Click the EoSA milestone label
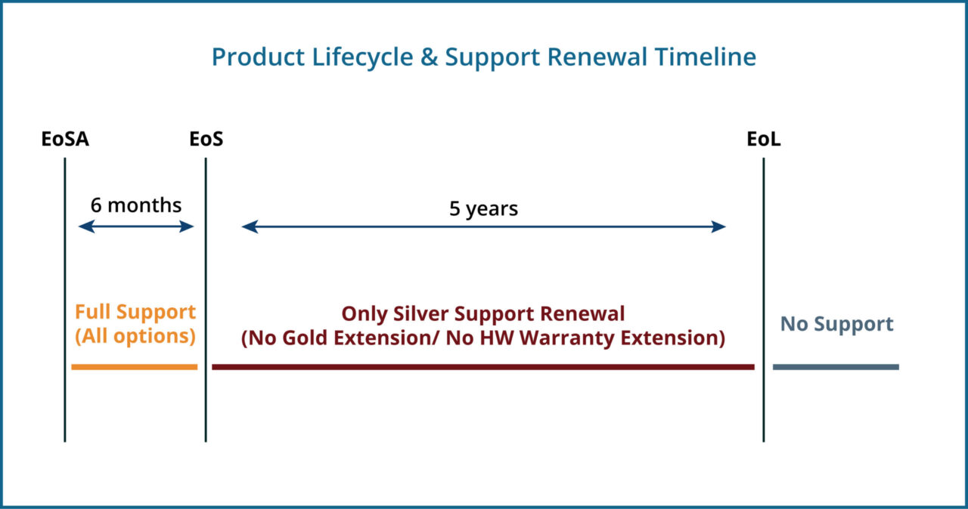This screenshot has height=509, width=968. click(65, 140)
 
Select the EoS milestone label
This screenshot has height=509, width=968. click(206, 140)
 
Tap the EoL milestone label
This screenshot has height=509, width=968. click(763, 140)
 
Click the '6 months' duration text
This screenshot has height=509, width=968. click(136, 205)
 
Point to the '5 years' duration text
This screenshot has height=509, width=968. click(483, 208)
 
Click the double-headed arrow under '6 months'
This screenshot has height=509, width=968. click(136, 227)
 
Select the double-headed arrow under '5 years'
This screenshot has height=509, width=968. click(483, 227)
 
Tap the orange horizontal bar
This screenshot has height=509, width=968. click(134, 367)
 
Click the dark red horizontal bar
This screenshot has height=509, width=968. click(482, 367)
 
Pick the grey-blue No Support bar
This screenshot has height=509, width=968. click(836, 367)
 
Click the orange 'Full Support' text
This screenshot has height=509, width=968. click(135, 312)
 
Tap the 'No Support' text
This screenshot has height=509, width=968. click(836, 324)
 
